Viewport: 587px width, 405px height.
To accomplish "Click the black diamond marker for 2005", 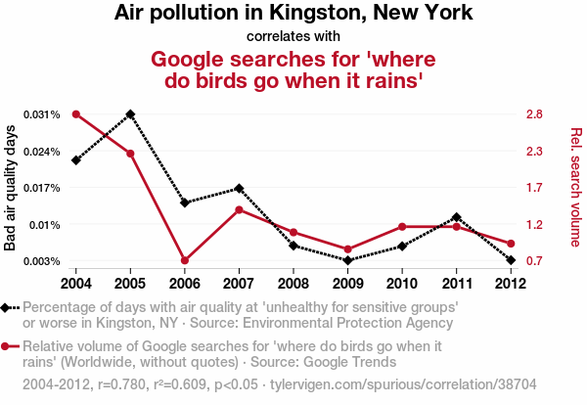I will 130,114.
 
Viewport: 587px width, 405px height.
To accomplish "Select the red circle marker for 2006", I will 185,260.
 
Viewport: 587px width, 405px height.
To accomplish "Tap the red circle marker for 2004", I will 75,114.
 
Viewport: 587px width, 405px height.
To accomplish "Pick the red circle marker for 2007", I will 239,209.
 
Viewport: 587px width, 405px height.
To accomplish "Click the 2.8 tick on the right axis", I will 533,115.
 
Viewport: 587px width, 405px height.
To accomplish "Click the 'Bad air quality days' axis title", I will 12,188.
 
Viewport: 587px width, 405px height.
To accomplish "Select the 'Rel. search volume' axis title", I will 575,188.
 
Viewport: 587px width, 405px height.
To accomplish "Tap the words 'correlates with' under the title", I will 293,37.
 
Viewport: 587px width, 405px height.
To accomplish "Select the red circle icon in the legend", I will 7,345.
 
